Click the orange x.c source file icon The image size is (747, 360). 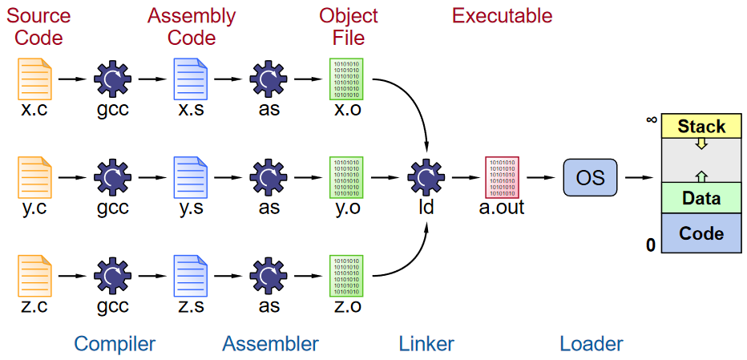tap(34, 79)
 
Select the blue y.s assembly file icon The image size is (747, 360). tap(191, 176)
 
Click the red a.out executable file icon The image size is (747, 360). tap(503, 176)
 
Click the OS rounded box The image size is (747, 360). tap(591, 177)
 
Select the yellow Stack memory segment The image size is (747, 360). tap(701, 126)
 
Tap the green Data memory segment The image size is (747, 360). tap(701, 198)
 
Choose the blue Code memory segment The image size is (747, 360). tap(701, 233)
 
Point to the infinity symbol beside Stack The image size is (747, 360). tap(652, 120)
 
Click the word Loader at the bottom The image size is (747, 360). tap(591, 344)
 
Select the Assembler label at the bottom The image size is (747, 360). tap(270, 344)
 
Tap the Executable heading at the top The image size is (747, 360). tap(503, 16)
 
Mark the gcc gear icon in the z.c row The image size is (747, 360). tap(112, 275)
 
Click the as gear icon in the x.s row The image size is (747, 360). tap(269, 79)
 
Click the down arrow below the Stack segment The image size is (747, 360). tap(701, 144)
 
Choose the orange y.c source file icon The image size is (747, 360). tap(34, 176)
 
